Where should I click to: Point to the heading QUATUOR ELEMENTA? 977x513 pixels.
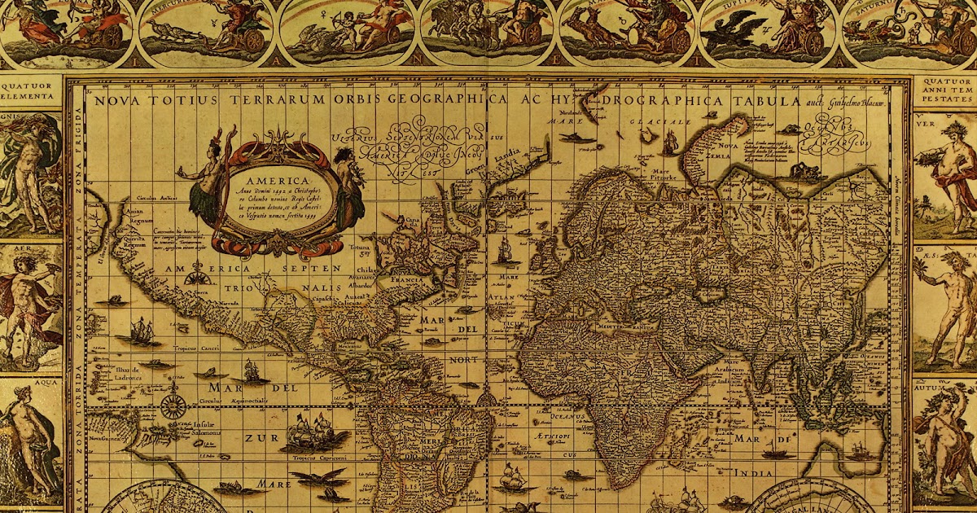pos(30,89)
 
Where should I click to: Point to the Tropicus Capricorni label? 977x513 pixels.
pos(319,459)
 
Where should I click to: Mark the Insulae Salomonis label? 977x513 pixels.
pos(210,428)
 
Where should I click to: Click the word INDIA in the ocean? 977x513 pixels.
pos(753,472)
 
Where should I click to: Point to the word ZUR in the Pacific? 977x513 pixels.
pos(254,438)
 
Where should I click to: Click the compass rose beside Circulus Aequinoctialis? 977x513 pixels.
pos(173,405)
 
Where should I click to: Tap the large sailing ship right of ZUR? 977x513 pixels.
pos(313,432)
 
